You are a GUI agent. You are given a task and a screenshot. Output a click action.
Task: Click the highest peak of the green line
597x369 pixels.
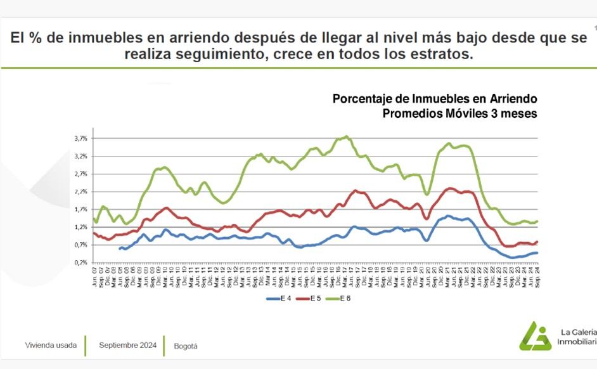(x=346, y=136)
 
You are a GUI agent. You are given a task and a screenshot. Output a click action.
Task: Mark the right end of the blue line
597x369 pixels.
(x=537, y=253)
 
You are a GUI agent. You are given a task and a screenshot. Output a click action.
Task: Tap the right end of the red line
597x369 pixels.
(x=537, y=242)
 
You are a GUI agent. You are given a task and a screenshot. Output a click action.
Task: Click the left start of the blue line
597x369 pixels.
(x=120, y=249)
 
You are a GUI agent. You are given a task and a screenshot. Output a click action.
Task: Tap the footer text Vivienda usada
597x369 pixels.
(x=51, y=346)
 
